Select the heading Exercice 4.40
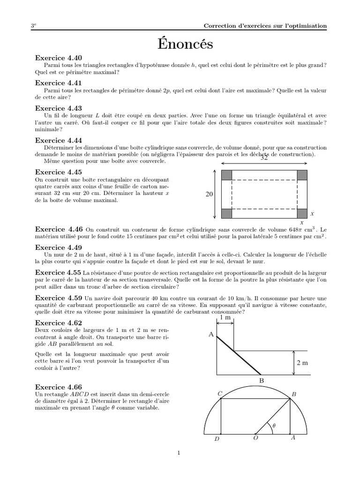pos(59,58)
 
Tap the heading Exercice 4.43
pos(59,108)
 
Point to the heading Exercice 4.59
pos(59,298)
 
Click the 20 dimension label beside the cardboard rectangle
pos(209,194)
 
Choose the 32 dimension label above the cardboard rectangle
pos(264,158)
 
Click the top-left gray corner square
pos(227,175)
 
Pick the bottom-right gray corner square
pos(302,213)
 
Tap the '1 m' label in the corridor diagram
pos(225,318)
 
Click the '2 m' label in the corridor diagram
pos(302,363)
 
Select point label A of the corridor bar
pos(211,334)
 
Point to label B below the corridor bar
pos(262,381)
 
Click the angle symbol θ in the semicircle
pos(274,426)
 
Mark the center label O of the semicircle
pos(256,438)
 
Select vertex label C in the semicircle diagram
pos(219,395)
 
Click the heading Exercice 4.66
pos(59,387)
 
